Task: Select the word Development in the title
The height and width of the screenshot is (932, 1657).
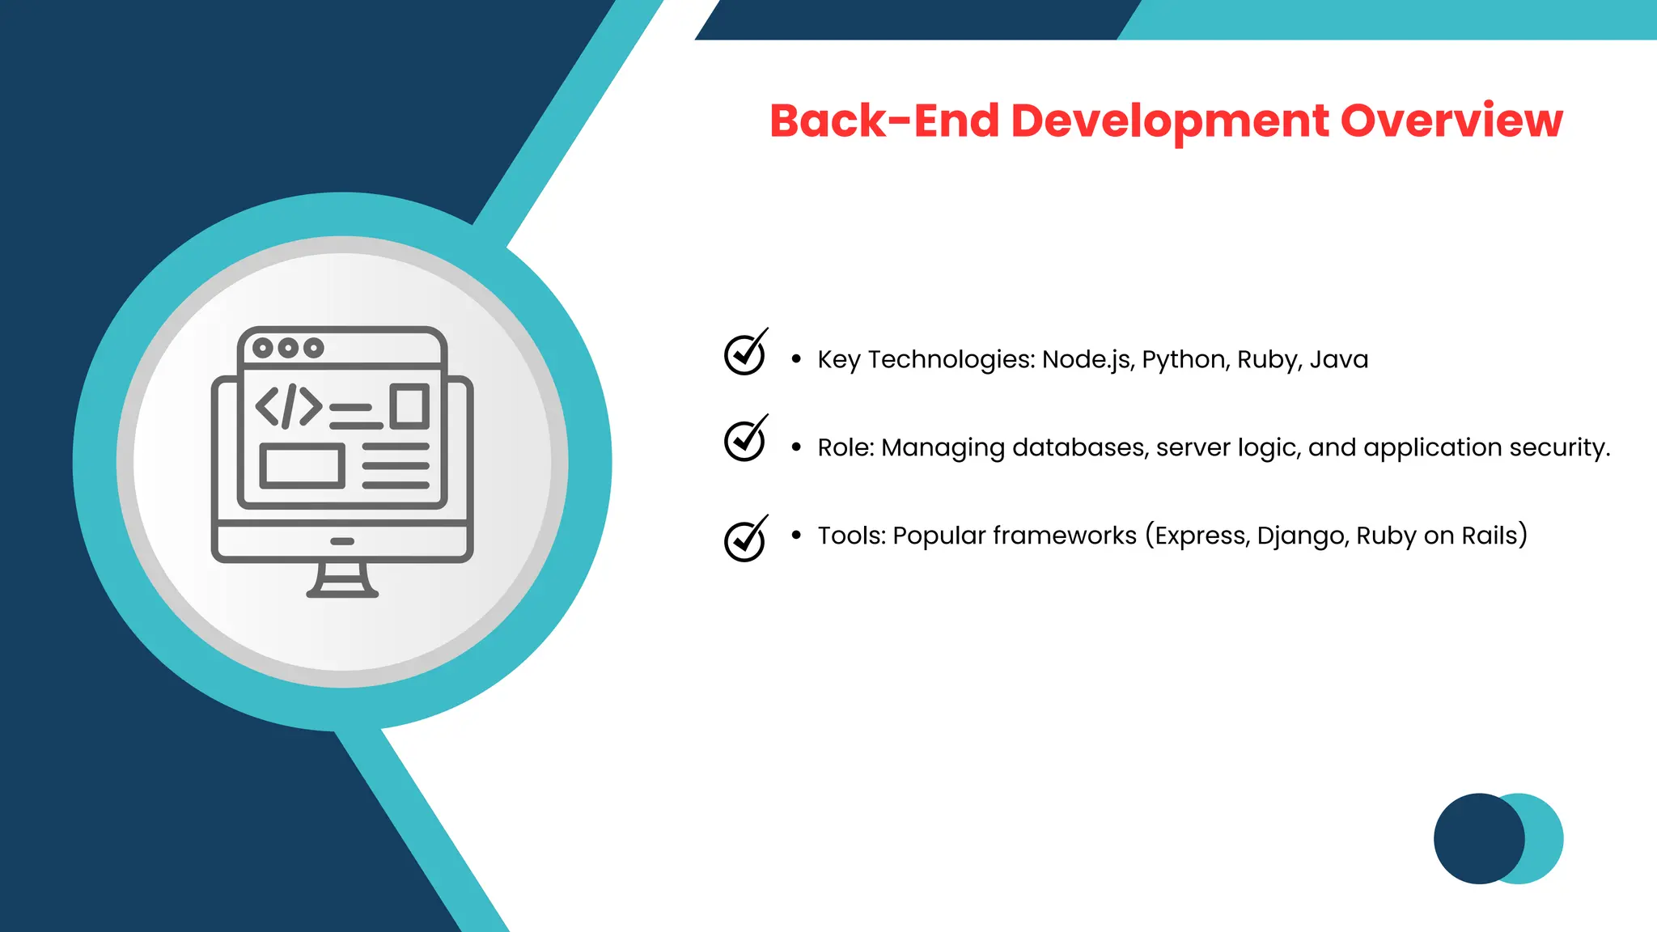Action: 1169,122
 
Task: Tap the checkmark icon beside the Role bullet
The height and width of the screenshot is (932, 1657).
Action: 744,441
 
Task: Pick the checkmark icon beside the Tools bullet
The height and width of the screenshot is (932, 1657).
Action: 744,540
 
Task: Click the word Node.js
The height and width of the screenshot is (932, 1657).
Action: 1087,359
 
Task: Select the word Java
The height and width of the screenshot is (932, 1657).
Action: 1338,359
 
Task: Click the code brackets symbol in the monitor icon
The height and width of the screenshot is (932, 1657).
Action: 289,406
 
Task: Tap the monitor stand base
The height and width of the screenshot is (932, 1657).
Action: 342,593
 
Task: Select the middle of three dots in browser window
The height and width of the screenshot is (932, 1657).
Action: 288,348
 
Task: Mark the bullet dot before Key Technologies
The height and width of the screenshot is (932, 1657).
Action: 796,358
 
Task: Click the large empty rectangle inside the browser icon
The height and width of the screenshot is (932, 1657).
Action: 302,466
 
